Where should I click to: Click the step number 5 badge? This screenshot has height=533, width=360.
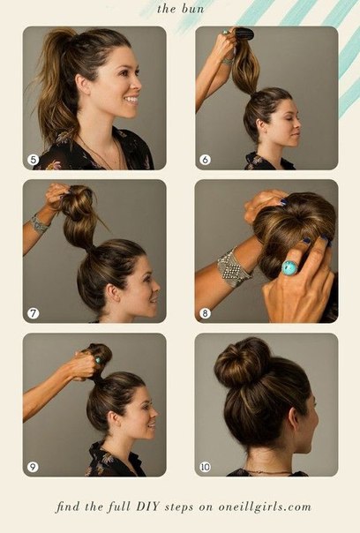[x=33, y=160]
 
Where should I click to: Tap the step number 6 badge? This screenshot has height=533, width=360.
[x=205, y=160]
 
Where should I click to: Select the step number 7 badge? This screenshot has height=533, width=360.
[x=33, y=313]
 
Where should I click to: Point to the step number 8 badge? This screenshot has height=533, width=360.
[x=205, y=313]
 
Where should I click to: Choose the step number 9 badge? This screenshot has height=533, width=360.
[x=33, y=467]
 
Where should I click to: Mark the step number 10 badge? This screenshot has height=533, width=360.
[x=205, y=467]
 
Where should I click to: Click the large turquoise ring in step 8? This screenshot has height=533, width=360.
[x=289, y=267]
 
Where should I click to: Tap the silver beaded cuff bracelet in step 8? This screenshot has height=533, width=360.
[x=233, y=267]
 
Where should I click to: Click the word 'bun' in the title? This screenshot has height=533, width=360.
[x=192, y=9]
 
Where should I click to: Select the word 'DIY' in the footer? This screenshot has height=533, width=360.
[x=148, y=507]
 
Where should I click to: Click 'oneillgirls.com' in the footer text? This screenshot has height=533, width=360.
[x=265, y=507]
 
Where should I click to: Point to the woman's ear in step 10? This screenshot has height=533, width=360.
[x=294, y=419]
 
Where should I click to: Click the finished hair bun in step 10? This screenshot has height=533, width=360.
[x=243, y=363]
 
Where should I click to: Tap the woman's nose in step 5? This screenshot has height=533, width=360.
[x=137, y=83]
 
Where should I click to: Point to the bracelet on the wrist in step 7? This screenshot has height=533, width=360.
[x=39, y=223]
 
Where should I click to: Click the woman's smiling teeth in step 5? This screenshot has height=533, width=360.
[x=131, y=100]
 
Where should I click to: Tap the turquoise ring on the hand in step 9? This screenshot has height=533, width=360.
[x=98, y=360]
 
